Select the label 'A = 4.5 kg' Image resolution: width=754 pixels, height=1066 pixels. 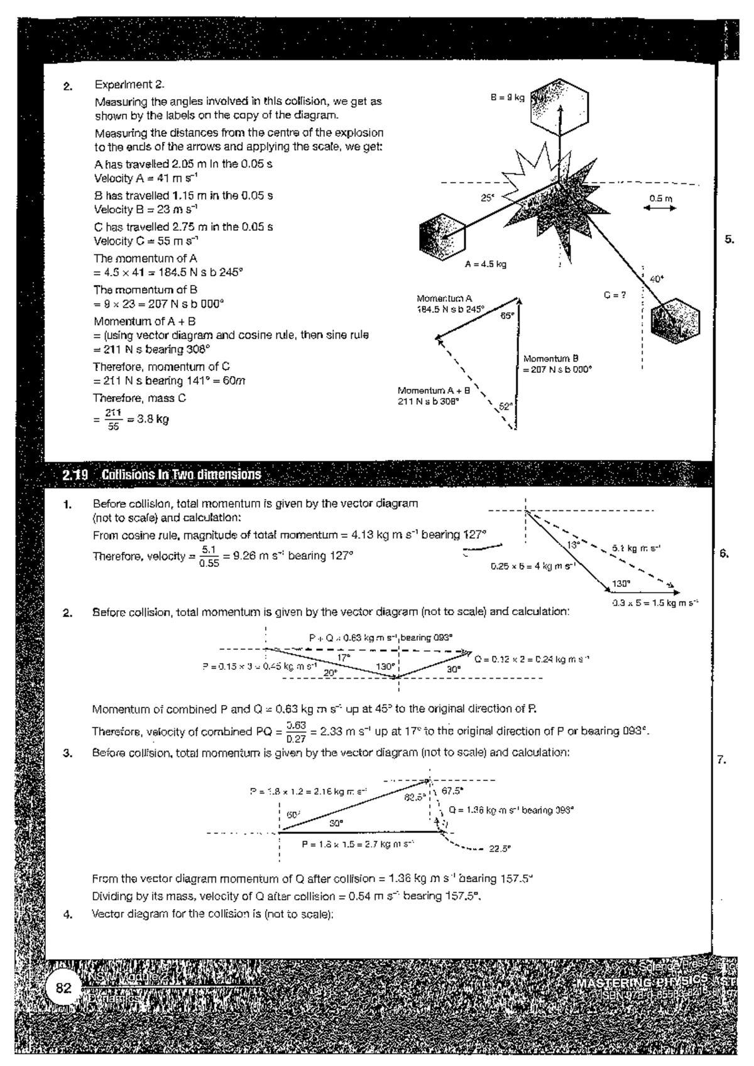click(x=485, y=264)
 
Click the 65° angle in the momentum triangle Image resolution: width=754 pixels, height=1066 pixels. click(x=506, y=316)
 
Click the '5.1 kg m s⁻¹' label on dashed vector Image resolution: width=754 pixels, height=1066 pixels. click(x=635, y=548)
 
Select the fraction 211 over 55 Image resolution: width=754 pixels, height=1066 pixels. click(x=112, y=419)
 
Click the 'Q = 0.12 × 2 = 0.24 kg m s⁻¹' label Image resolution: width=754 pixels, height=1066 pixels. click(x=532, y=659)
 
